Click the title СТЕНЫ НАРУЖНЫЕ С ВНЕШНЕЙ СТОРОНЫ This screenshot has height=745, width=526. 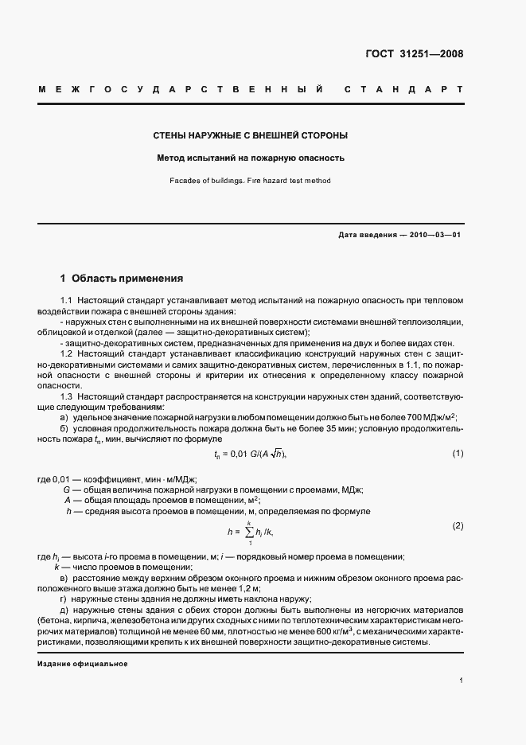(x=251, y=135)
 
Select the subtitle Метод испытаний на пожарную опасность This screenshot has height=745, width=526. (x=251, y=158)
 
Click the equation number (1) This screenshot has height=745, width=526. (x=458, y=454)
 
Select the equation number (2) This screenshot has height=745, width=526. (x=458, y=526)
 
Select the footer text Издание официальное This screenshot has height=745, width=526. (x=83, y=663)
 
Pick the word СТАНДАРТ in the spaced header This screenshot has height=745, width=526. (x=403, y=89)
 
